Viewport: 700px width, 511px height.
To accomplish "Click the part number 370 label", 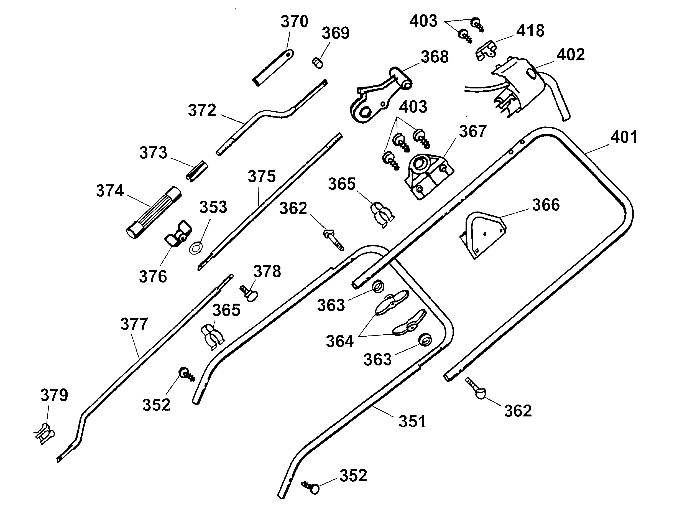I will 294,22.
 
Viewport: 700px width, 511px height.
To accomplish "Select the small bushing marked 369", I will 317,62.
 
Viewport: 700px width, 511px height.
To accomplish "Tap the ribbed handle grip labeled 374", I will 154,213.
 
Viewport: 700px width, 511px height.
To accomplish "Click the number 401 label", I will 624,137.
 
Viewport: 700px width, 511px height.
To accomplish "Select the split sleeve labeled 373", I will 197,171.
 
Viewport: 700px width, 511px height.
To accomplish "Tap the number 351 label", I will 412,421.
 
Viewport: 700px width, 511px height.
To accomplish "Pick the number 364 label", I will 339,342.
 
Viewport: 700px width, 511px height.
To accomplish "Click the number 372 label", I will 202,110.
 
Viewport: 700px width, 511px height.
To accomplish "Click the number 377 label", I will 134,324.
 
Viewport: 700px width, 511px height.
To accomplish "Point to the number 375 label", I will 261,176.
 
